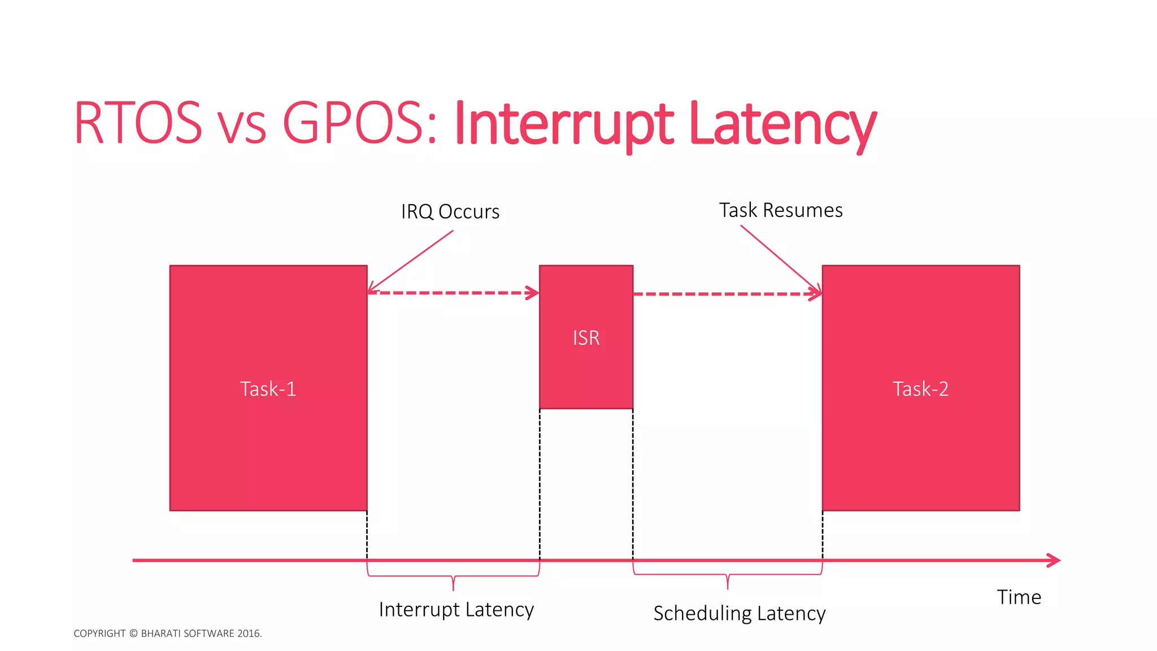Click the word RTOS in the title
[138, 123]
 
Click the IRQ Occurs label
[450, 212]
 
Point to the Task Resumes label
[781, 210]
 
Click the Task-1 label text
[268, 389]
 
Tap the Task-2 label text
[920, 389]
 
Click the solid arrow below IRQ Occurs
[411, 261]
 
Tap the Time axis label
[1019, 597]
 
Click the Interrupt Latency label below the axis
[456, 610]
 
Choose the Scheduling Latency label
[739, 614]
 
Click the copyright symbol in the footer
[133, 633]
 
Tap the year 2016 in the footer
[249, 633]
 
